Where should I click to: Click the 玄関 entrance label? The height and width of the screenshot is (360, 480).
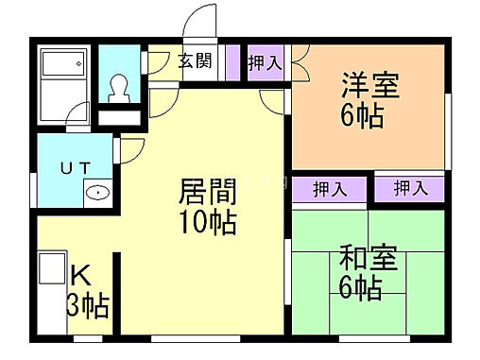pyautogui.click(x=195, y=62)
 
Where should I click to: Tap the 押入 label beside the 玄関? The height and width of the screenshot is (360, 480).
pyautogui.click(x=265, y=63)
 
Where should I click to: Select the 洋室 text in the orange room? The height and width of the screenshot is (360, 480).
pyautogui.click(x=369, y=86)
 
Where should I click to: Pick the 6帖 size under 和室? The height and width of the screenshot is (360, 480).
pyautogui.click(x=360, y=288)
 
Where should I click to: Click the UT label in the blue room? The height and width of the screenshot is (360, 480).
pyautogui.click(x=76, y=168)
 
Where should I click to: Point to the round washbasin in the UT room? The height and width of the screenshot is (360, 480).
pyautogui.click(x=97, y=192)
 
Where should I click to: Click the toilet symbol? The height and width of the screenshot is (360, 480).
pyautogui.click(x=120, y=88)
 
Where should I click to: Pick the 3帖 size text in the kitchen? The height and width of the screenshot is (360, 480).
pyautogui.click(x=87, y=305)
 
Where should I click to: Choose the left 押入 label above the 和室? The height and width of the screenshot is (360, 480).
pyautogui.click(x=330, y=188)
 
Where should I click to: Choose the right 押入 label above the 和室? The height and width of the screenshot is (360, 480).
pyautogui.click(x=410, y=188)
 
